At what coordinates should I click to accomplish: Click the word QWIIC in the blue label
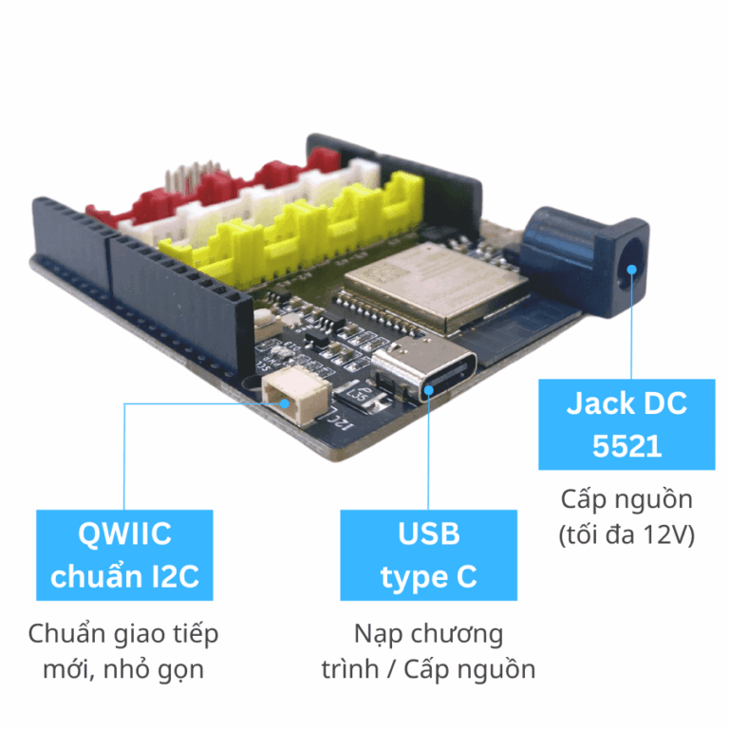click(124, 533)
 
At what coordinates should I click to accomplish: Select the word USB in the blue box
click(428, 533)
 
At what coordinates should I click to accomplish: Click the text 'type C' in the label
click(428, 576)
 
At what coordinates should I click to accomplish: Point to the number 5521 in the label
click(626, 446)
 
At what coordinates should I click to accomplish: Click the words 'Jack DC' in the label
click(626, 403)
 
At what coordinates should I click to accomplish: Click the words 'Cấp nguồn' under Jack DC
click(626, 499)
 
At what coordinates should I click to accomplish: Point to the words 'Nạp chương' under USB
click(428, 632)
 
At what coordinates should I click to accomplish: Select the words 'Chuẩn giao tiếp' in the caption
click(124, 632)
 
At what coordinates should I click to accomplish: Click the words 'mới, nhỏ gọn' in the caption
click(124, 668)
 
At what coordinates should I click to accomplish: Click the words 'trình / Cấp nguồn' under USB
click(428, 668)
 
